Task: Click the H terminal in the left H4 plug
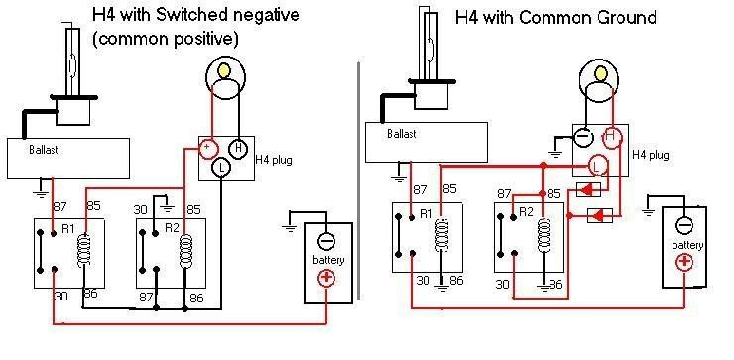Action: (x=238, y=149)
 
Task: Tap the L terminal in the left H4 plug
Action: (x=221, y=168)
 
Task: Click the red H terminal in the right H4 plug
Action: (x=609, y=136)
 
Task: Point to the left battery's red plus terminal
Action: (x=325, y=279)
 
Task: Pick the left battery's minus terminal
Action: (x=325, y=242)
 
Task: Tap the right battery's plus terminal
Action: (x=684, y=261)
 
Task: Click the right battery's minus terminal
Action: (x=684, y=225)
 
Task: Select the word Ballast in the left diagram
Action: (x=44, y=150)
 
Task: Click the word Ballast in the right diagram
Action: (x=402, y=134)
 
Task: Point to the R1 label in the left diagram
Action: (x=68, y=229)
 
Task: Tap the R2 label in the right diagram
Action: (x=526, y=212)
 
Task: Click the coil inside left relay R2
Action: (x=185, y=251)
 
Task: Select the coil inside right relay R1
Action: (x=442, y=234)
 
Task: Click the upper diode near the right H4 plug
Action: (x=588, y=190)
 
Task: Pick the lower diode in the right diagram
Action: (x=600, y=216)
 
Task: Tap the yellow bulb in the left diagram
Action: (x=225, y=70)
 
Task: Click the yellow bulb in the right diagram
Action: (x=600, y=73)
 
